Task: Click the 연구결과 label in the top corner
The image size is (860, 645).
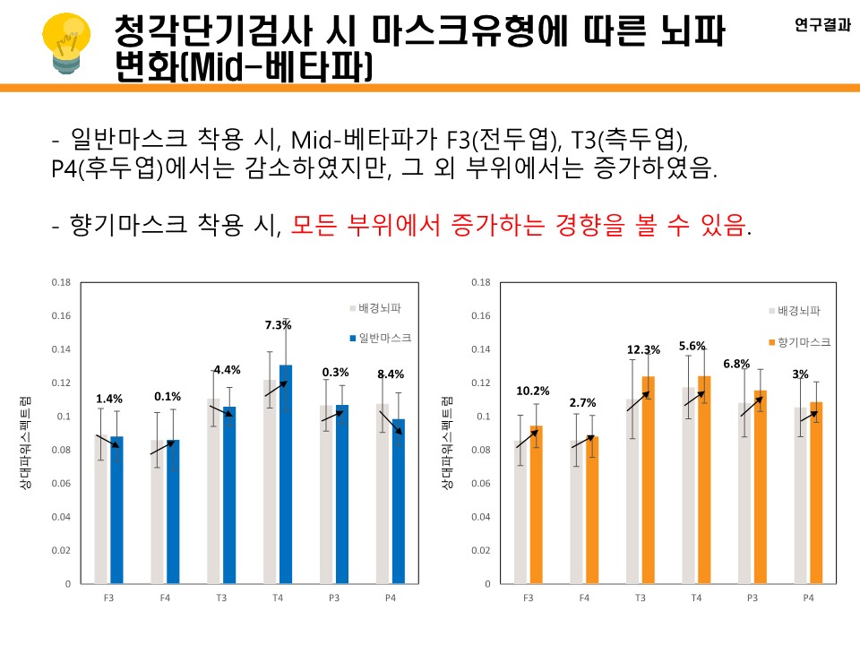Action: [822, 26]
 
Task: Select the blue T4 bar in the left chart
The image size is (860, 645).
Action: [286, 475]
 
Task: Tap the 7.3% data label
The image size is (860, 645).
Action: [278, 325]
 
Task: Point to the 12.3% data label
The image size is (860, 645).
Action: [644, 349]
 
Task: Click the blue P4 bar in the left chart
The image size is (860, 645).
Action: [399, 502]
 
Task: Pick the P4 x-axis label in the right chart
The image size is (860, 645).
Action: [808, 598]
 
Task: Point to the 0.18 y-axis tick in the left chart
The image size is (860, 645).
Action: [61, 282]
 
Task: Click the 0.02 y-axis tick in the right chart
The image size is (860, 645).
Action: [481, 550]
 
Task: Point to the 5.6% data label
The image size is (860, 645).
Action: [692, 346]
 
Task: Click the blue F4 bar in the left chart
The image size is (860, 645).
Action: [173, 512]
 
